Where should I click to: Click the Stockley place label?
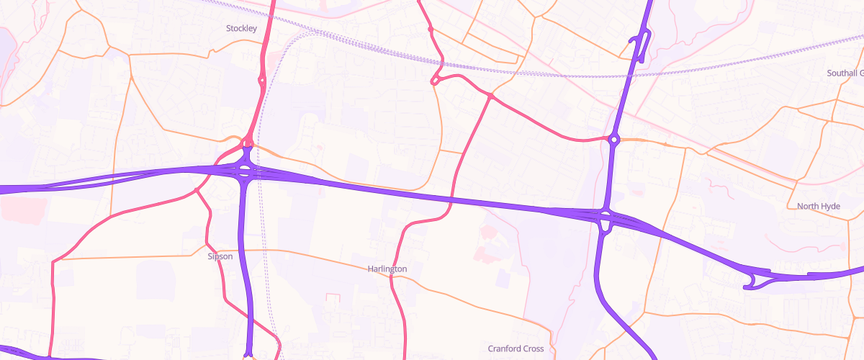coord(241,28)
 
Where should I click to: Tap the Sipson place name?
coord(220,256)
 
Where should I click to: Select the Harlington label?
coord(387,269)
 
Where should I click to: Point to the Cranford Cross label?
coord(516,348)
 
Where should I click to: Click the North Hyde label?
coord(819,206)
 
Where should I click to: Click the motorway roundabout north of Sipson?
coord(245,171)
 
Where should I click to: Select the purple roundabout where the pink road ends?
coord(613,139)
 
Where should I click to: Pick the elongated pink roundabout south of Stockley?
coord(261,81)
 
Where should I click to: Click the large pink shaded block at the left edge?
coord(18,210)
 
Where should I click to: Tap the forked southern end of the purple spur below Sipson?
coord(248,353)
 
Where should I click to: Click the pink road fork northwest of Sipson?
coord(196,191)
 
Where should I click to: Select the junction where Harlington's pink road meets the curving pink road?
coord(490,96)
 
